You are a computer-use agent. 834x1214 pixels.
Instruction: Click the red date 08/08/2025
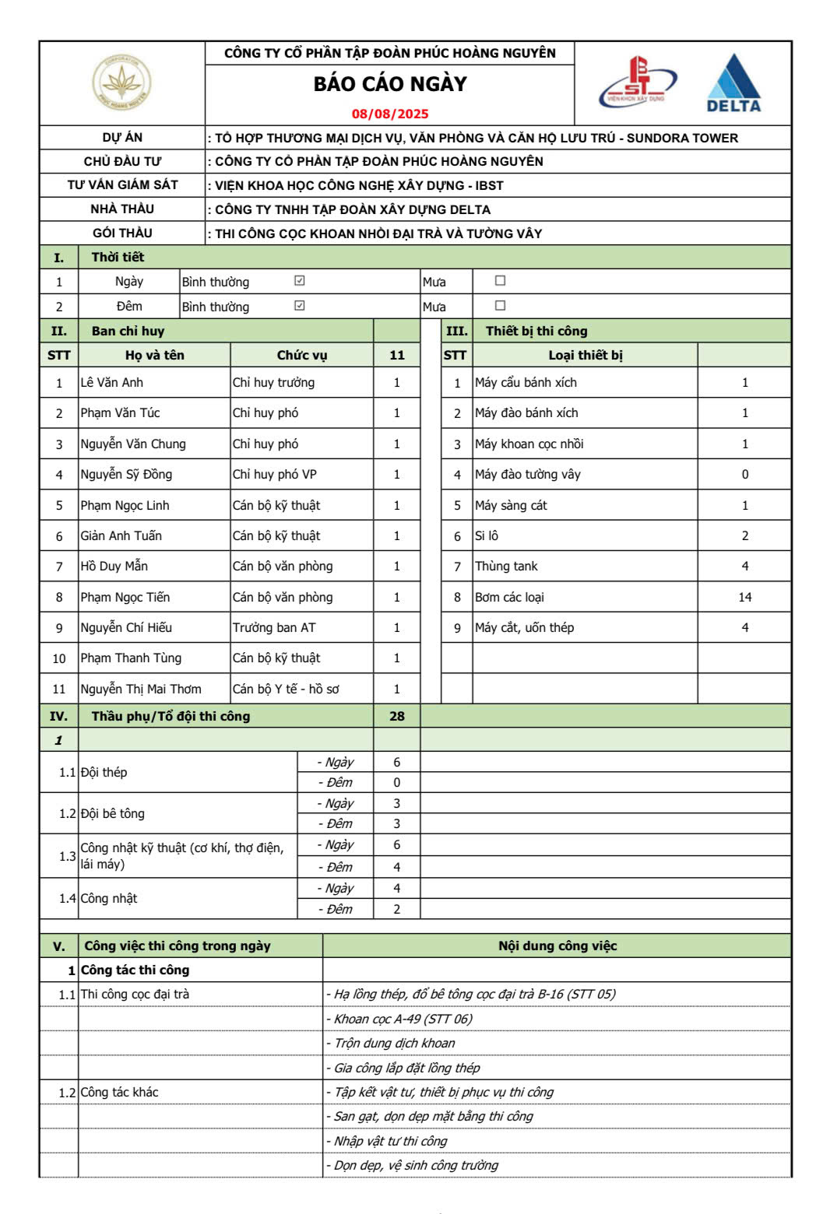pyautogui.click(x=389, y=114)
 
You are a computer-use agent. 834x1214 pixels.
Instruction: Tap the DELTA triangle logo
pyautogui.click(x=733, y=83)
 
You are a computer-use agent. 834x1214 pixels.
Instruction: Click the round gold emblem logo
pyautogui.click(x=121, y=82)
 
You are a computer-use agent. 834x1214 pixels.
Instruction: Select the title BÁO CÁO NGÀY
pyautogui.click(x=389, y=84)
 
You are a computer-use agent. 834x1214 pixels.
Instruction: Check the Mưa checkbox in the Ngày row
pyautogui.click(x=500, y=281)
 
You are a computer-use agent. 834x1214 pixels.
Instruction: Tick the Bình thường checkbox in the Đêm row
pyautogui.click(x=299, y=306)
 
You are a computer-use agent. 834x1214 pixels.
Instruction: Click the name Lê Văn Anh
pyautogui.click(x=112, y=382)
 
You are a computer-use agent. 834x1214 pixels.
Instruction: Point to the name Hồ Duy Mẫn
pyautogui.click(x=114, y=566)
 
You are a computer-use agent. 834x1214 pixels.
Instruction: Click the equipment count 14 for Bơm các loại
pyautogui.click(x=744, y=597)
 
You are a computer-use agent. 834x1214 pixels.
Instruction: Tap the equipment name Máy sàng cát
pyautogui.click(x=511, y=505)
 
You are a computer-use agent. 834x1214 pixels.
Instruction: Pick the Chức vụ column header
pyautogui.click(x=302, y=355)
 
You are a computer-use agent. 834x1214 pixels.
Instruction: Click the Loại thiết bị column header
pyautogui.click(x=585, y=355)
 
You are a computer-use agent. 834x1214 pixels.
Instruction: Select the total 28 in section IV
pyautogui.click(x=396, y=716)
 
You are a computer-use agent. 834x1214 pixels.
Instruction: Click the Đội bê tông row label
pyautogui.click(x=113, y=813)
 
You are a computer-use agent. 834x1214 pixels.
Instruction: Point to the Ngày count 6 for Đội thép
pyautogui.click(x=396, y=762)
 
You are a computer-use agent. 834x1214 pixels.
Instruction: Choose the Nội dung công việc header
pyautogui.click(x=557, y=946)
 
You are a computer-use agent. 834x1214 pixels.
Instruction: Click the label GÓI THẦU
pyautogui.click(x=122, y=233)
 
